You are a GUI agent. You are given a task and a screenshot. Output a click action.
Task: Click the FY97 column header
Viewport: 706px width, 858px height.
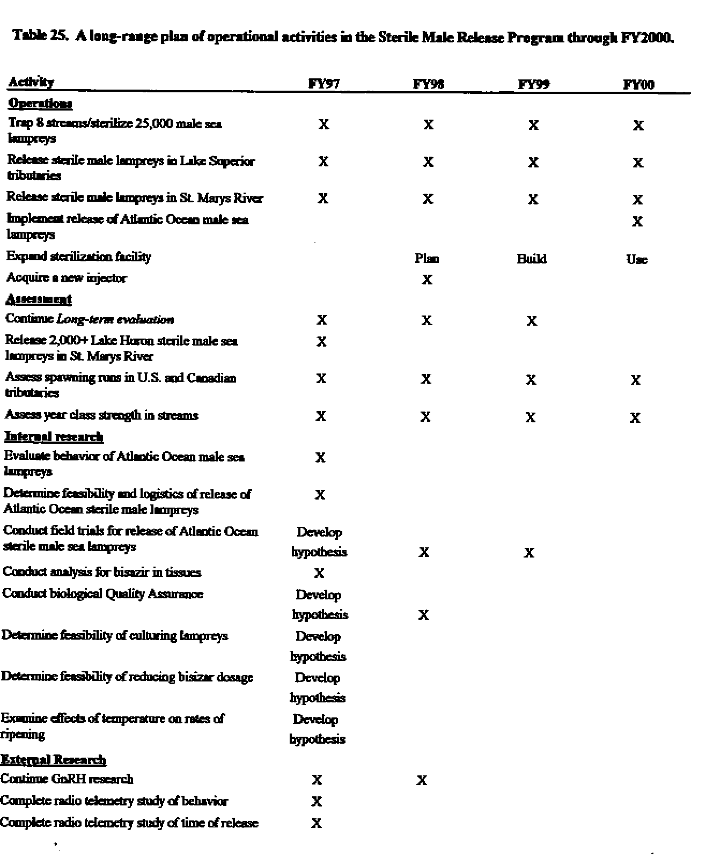(324, 83)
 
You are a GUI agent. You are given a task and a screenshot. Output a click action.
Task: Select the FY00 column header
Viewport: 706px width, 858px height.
(638, 85)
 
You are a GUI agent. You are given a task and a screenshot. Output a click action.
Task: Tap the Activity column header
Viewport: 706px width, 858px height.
(31, 82)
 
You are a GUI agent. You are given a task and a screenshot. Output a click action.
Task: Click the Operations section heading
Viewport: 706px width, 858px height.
(40, 103)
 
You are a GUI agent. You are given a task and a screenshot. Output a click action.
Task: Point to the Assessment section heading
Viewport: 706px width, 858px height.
(39, 299)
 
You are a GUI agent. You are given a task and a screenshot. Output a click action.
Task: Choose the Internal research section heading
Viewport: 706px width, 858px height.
(54, 436)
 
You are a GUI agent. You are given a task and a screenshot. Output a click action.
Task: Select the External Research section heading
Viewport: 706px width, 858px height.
(53, 759)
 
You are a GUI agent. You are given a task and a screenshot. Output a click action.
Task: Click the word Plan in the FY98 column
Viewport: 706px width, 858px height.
(427, 259)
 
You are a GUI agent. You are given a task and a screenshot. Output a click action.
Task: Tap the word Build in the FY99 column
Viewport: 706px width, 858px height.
(532, 259)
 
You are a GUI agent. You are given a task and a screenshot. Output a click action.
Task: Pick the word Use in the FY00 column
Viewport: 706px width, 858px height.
(637, 260)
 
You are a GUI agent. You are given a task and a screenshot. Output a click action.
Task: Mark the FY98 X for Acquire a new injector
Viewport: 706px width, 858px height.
(427, 280)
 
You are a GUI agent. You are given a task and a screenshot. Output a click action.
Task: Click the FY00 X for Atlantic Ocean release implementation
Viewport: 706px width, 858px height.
(637, 222)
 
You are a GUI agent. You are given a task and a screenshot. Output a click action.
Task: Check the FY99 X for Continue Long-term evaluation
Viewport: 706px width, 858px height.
(532, 321)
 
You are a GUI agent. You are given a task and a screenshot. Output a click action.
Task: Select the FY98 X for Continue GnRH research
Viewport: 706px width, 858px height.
(422, 780)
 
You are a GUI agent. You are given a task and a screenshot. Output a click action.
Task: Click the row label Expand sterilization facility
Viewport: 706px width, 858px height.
(79, 256)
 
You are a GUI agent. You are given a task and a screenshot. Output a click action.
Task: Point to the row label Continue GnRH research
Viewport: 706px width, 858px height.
(67, 779)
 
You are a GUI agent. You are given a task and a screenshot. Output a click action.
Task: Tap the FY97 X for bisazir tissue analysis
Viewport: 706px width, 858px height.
(319, 573)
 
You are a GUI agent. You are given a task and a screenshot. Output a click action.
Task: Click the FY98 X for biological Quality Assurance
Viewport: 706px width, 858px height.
(423, 615)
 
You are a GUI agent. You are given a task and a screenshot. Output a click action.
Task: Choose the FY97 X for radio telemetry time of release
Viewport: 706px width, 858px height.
(317, 823)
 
